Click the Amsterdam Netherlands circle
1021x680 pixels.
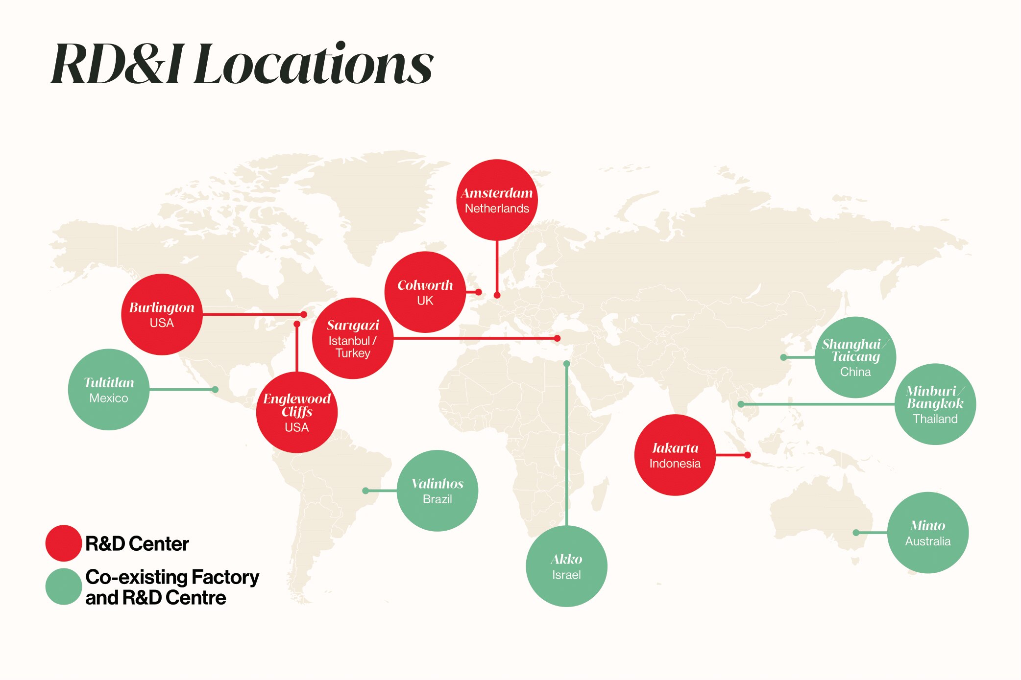pyautogui.click(x=497, y=200)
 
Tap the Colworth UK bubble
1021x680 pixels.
pyautogui.click(x=425, y=292)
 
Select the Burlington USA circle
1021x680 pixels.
pyautogui.click(x=162, y=314)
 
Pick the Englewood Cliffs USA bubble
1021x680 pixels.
pyautogui.click(x=296, y=412)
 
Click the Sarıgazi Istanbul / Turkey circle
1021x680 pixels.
pyautogui.click(x=352, y=338)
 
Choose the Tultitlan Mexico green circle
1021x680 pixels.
pyautogui.click(x=108, y=390)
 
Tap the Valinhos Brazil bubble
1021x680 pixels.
pyautogui.click(x=437, y=491)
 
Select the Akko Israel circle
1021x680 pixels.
pyautogui.click(x=566, y=566)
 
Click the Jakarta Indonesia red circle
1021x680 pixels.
pyautogui.click(x=675, y=455)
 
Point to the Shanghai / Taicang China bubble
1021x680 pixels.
pyautogui.click(x=855, y=357)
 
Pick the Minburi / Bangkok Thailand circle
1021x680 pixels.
pyautogui.click(x=935, y=404)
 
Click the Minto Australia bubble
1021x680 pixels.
pyautogui.click(x=927, y=533)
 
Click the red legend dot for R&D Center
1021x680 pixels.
pyautogui.click(x=63, y=543)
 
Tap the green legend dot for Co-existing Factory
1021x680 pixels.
pyautogui.click(x=63, y=586)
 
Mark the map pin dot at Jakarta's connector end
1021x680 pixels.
pyautogui.click(x=747, y=455)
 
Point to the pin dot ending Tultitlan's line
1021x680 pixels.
pyautogui.click(x=215, y=390)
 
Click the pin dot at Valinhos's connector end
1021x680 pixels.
pyautogui.click(x=365, y=491)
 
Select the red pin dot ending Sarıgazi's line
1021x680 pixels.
pyautogui.click(x=557, y=338)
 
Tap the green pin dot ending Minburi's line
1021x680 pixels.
pyautogui.click(x=741, y=404)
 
